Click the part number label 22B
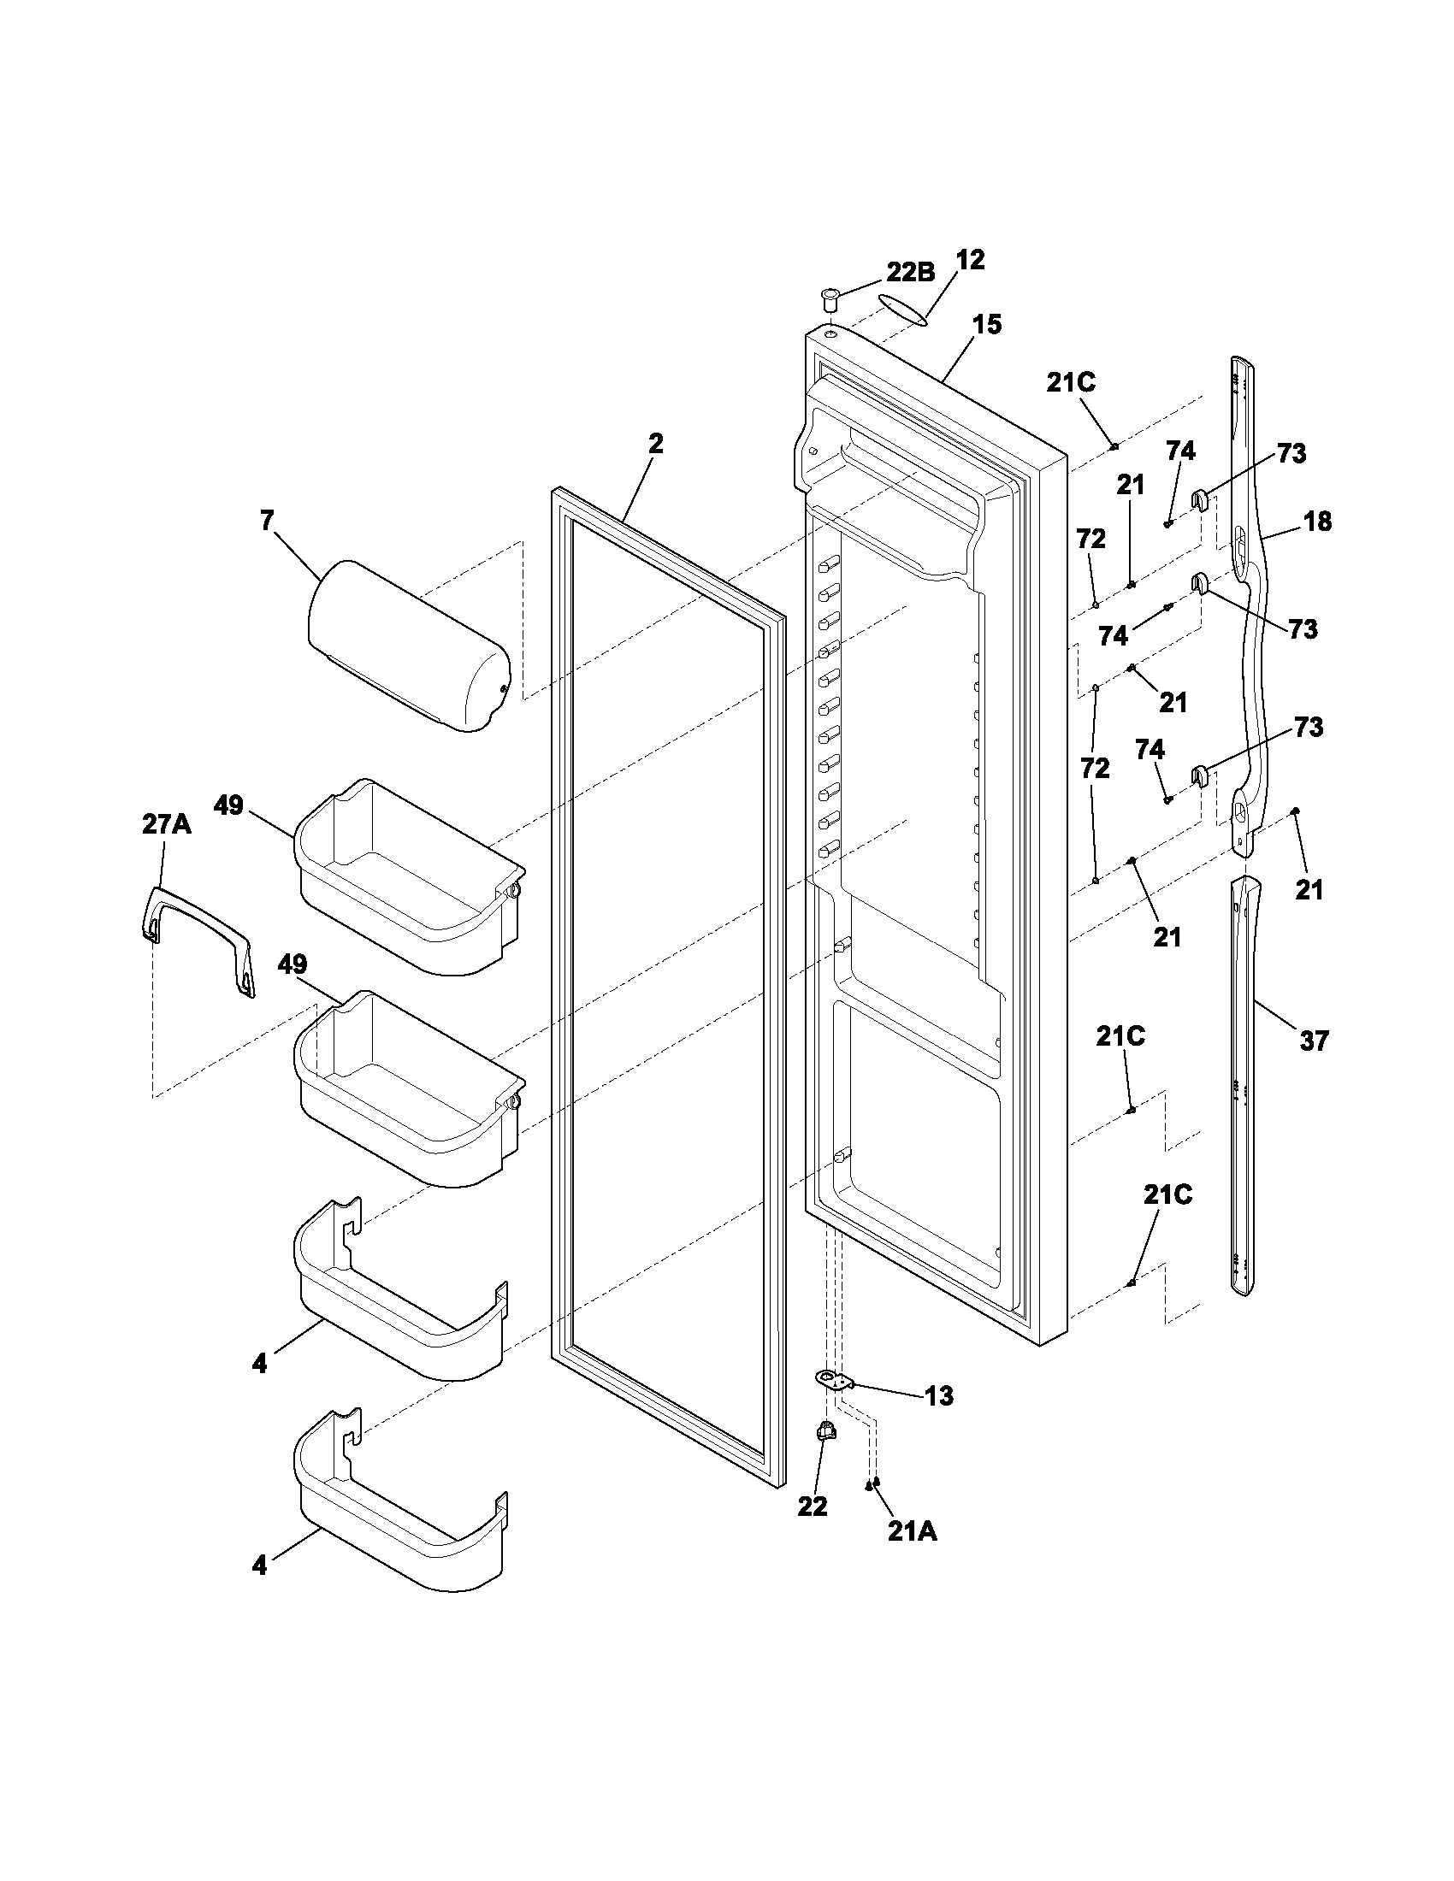(x=911, y=272)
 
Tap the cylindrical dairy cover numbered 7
(x=408, y=644)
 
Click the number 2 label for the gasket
(x=655, y=445)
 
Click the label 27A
(x=166, y=824)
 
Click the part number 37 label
(x=1315, y=1041)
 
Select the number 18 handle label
(x=1317, y=521)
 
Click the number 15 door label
(x=987, y=325)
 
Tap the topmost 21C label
(x=1071, y=383)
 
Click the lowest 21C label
(x=1168, y=1194)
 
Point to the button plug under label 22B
(x=829, y=301)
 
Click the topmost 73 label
(x=1291, y=454)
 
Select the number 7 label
(x=266, y=520)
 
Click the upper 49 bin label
(x=229, y=806)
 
